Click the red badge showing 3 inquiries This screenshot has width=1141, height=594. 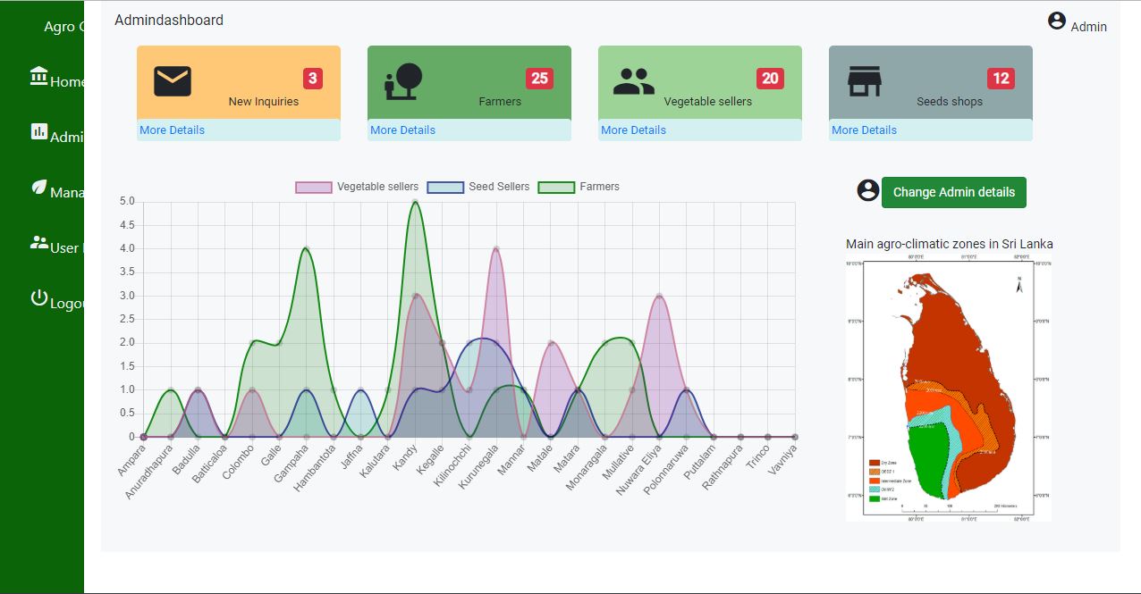[x=312, y=79]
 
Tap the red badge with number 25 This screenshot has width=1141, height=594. [x=539, y=79]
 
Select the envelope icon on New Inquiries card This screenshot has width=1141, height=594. [x=173, y=81]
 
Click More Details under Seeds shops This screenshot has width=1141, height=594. [x=864, y=130]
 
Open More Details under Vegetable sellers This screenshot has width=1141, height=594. [x=633, y=130]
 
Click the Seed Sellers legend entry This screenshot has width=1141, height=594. [x=478, y=187]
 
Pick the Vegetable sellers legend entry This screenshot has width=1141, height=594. [x=357, y=187]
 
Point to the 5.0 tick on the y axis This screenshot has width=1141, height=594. [x=126, y=201]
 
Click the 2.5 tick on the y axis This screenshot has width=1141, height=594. [x=126, y=319]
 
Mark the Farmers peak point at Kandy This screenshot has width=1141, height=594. [x=415, y=202]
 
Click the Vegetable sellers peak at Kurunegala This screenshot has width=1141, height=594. [x=496, y=249]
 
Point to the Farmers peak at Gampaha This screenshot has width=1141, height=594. [x=306, y=249]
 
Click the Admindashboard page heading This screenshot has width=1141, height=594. [x=169, y=20]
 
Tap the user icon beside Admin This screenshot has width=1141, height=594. [x=1057, y=21]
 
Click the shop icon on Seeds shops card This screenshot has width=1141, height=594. [x=865, y=81]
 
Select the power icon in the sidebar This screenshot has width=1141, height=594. [x=38, y=298]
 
